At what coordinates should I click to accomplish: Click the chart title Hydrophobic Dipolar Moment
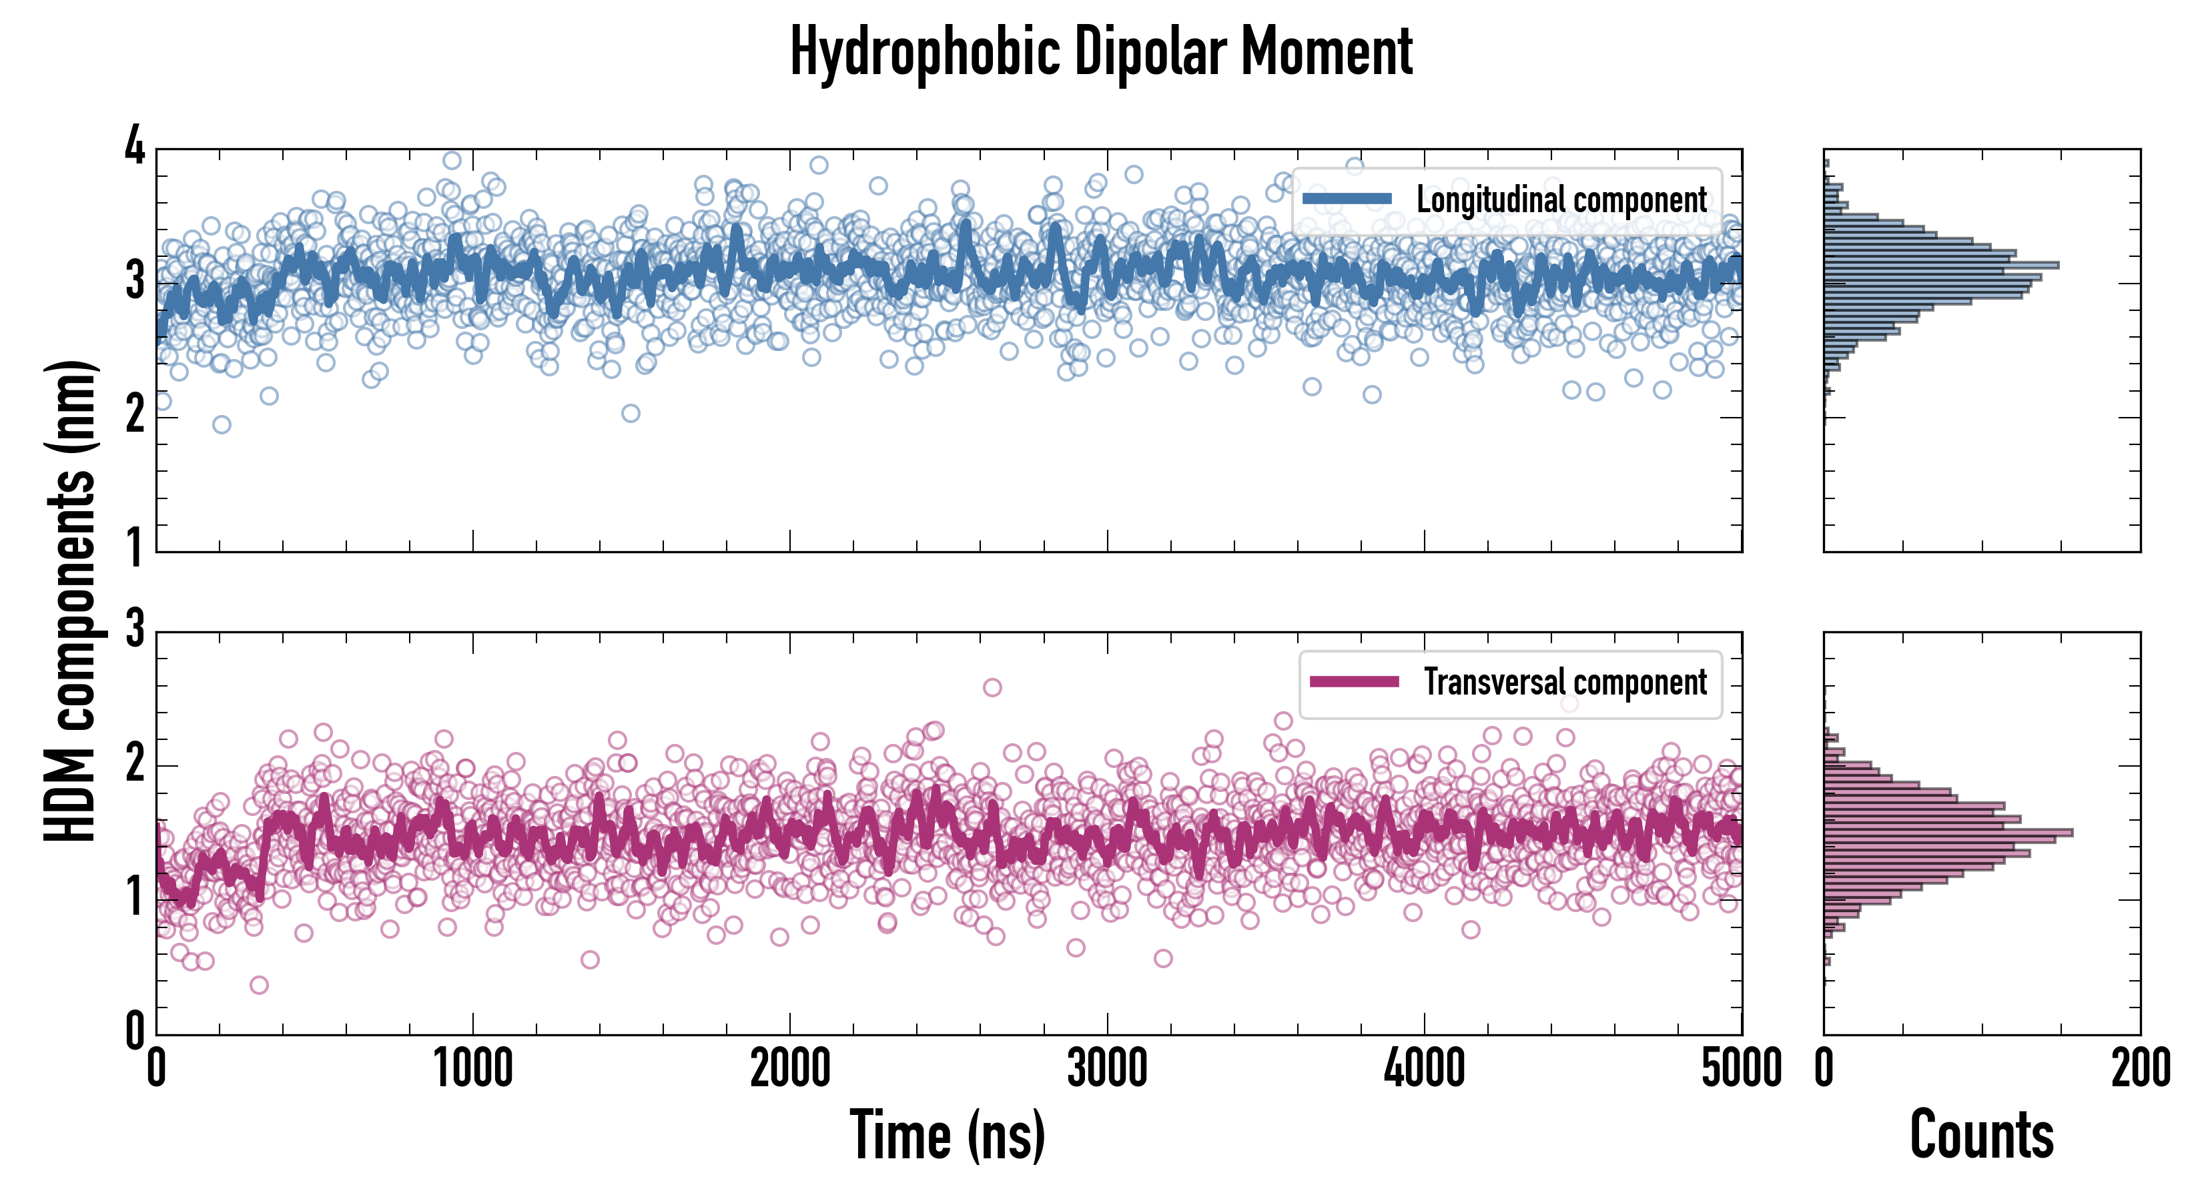1101,53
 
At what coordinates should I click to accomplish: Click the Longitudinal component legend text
1561,200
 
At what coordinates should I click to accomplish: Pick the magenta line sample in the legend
1354,682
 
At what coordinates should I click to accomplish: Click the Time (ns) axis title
947,1135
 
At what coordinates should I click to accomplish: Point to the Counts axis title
1981,1135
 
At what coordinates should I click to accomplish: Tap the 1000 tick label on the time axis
472,1068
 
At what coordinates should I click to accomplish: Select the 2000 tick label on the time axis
790,1068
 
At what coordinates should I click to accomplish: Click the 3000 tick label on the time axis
1107,1068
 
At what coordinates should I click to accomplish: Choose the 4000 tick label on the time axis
1424,1068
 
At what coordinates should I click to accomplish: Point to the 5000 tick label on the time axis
1742,1068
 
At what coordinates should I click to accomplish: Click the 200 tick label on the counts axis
2141,1068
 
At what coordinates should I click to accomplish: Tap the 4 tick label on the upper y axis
135,147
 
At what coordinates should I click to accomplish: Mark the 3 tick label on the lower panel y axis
135,630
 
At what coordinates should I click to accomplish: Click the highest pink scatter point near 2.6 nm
992,687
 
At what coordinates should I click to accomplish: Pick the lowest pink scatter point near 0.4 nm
259,985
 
